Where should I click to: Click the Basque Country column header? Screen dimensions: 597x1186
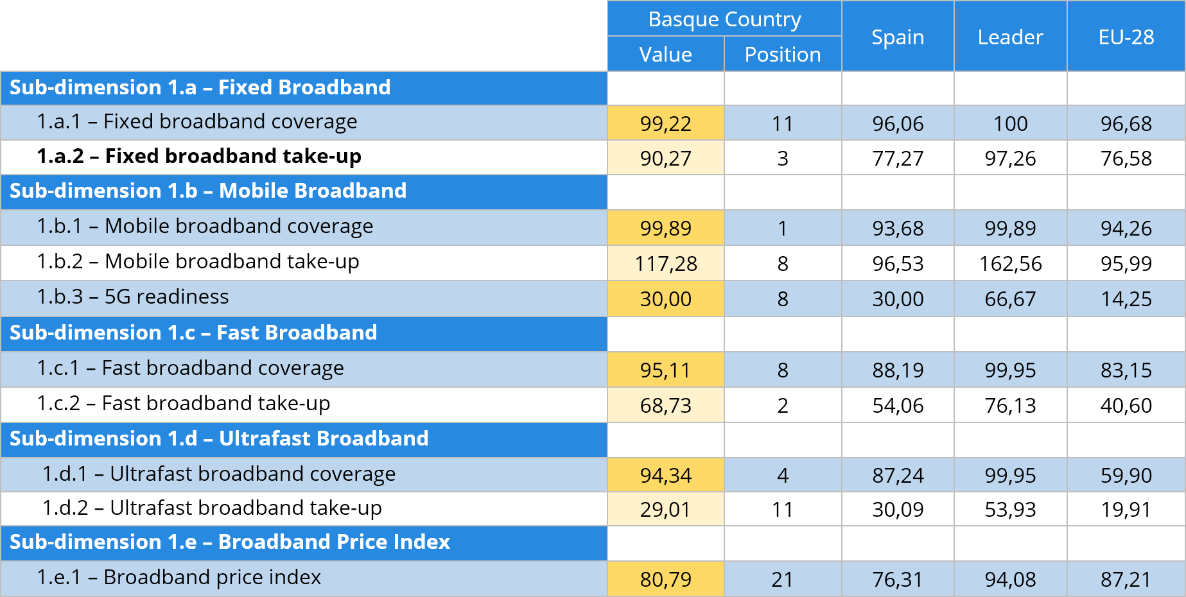(724, 19)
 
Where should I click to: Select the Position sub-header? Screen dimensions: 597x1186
(782, 55)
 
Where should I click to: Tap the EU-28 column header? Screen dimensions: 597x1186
(1126, 37)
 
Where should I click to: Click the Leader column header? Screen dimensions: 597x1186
(1010, 37)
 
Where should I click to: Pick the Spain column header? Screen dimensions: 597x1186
(897, 37)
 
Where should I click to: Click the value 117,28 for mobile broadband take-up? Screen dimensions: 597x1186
(665, 263)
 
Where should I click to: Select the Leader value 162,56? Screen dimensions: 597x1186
(1010, 263)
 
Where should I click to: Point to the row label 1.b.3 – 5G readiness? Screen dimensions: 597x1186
(133, 297)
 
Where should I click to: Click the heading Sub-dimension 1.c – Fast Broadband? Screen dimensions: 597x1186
(193, 333)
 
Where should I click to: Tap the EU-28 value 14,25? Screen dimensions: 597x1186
(1126, 298)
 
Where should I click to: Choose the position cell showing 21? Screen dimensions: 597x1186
(782, 579)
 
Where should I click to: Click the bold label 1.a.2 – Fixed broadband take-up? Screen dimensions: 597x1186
(199, 156)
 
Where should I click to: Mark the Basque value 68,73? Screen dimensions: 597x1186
(665, 405)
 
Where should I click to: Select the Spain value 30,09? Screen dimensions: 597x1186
(897, 509)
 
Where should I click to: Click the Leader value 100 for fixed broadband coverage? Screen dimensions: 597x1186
(1010, 123)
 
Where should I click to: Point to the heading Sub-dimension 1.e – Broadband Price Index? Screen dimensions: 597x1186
(230, 542)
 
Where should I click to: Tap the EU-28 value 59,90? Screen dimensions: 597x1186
(1126, 475)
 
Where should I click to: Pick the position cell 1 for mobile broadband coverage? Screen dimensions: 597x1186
(782, 228)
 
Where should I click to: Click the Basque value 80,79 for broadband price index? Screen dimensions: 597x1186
(665, 579)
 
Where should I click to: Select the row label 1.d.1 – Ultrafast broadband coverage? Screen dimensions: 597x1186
(219, 474)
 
